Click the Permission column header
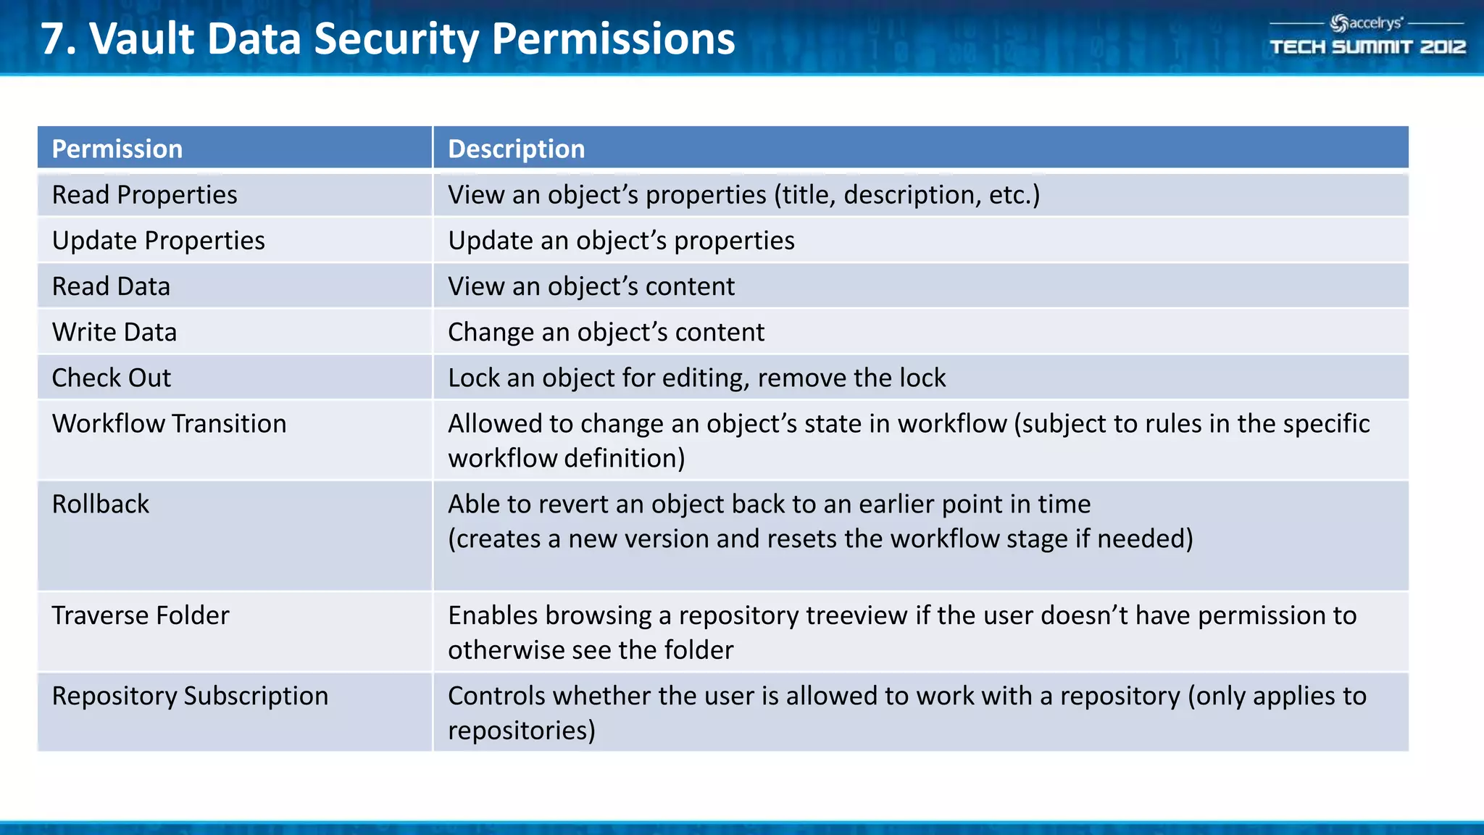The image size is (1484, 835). [117, 149]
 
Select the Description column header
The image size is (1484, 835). [516, 149]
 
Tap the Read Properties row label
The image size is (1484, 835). [144, 195]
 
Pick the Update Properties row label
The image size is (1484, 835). [158, 241]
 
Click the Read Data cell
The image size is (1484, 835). [111, 286]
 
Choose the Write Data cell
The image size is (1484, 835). [114, 332]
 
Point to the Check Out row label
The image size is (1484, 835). [112, 378]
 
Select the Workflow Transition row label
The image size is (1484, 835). [169, 424]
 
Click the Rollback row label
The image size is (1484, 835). [100, 504]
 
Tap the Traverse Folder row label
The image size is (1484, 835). [141, 615]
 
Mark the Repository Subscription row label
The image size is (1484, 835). [190, 696]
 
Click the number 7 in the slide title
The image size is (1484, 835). [54, 38]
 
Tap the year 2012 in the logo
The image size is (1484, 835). [1442, 47]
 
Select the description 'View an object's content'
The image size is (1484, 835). [591, 286]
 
